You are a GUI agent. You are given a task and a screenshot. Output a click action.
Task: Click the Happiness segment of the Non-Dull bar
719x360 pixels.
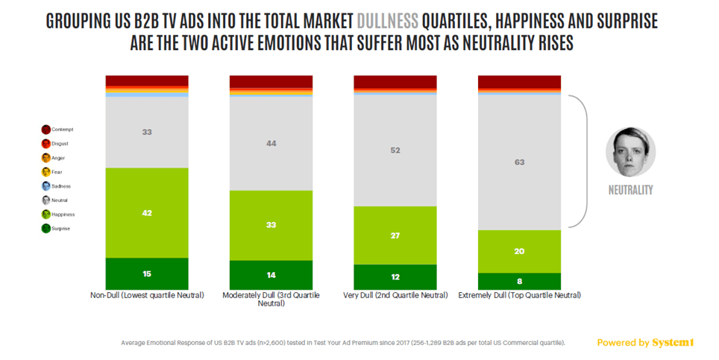tap(147, 212)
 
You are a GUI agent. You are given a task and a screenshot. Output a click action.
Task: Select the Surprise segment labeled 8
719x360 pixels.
tap(519, 282)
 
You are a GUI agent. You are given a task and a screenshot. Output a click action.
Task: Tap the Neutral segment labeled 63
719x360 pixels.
tap(519, 161)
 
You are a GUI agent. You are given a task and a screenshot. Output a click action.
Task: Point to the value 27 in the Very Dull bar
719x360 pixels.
tap(395, 236)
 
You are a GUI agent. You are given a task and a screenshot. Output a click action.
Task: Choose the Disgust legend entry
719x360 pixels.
tap(57, 144)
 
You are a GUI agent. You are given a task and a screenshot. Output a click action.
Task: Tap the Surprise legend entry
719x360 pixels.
tap(58, 229)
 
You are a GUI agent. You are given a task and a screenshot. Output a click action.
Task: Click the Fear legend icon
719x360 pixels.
tap(45, 172)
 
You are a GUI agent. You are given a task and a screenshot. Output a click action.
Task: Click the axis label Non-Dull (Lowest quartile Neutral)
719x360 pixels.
tap(147, 296)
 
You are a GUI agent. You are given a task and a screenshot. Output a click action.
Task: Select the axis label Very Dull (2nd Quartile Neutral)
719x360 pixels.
tap(395, 296)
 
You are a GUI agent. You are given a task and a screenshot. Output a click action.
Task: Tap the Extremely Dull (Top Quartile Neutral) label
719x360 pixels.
tap(519, 296)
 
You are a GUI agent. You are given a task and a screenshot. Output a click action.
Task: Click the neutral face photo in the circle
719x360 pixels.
tap(630, 152)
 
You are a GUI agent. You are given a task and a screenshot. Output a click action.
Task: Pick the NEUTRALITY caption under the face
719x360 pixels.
tap(630, 190)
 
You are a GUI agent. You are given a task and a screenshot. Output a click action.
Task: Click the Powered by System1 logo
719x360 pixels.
tap(645, 343)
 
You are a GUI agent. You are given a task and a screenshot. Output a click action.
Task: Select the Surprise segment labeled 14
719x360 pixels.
tap(271, 275)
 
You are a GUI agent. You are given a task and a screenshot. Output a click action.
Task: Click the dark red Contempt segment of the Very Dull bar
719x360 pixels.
tap(395, 81)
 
